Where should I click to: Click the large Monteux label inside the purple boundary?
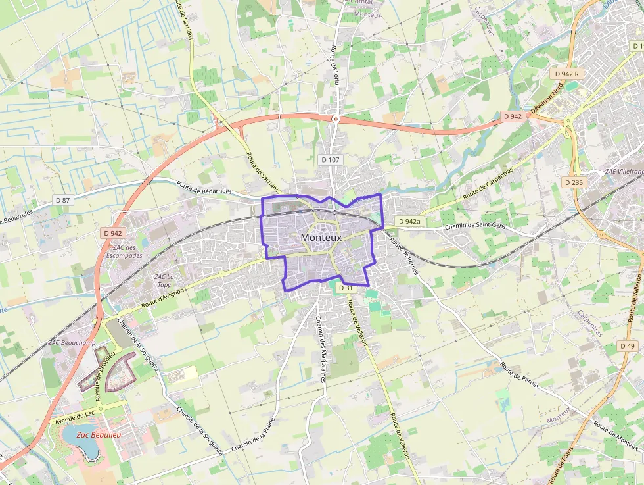[321, 238]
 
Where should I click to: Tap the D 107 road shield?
[331, 159]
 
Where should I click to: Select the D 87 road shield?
[62, 199]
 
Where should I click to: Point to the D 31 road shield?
[346, 288]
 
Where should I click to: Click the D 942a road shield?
[408, 222]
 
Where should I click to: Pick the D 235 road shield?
[574, 182]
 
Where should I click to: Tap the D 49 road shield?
[628, 346]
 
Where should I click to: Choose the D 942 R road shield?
[566, 74]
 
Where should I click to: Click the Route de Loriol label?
[334, 67]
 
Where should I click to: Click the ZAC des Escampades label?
[124, 251]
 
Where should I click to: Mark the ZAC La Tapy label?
[164, 281]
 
